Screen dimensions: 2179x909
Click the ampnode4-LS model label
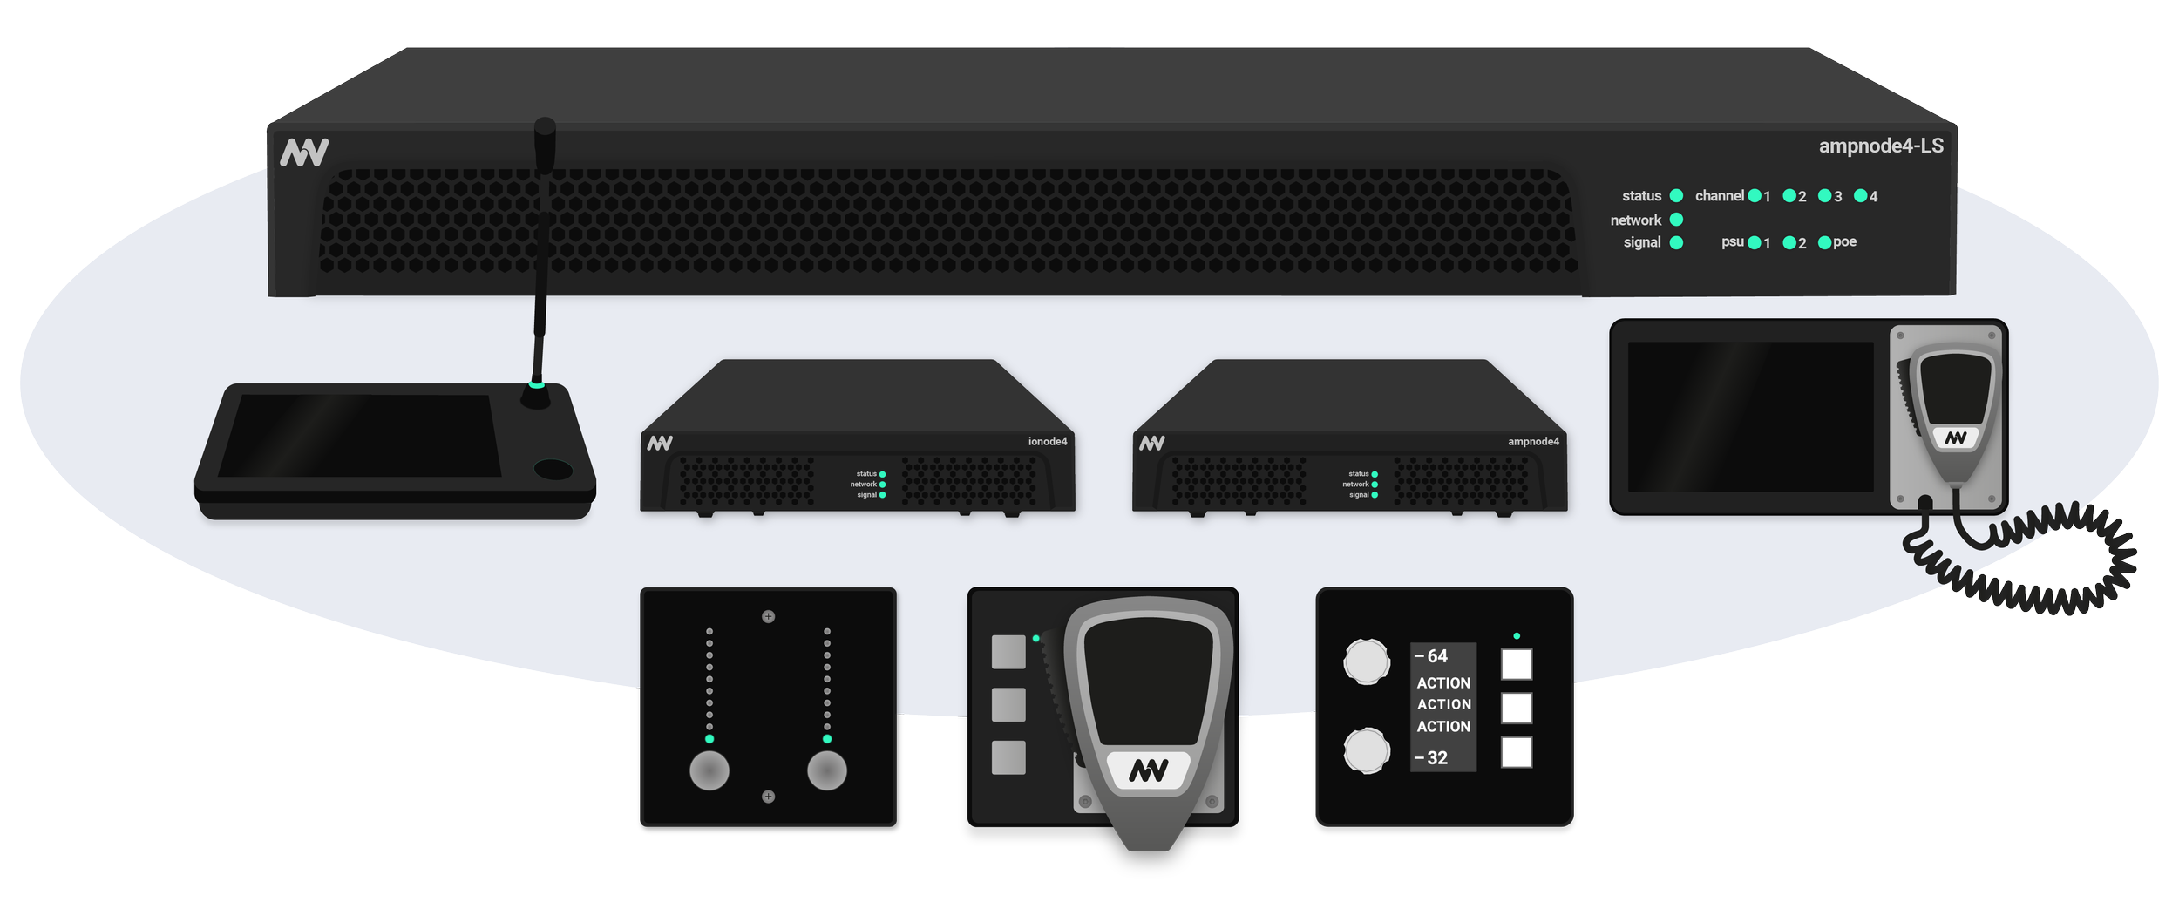1880,146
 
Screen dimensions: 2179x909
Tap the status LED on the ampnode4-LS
1675,196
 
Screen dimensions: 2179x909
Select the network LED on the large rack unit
1675,220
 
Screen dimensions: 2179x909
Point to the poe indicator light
1824,242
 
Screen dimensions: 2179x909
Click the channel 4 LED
1860,196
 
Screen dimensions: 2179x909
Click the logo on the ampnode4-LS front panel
304,153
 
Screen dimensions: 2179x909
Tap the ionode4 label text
1047,441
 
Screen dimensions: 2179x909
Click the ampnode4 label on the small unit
1533,441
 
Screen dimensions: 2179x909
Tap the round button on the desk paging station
553,471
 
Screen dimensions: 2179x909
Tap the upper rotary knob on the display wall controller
1366,661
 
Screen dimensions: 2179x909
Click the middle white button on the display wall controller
1516,708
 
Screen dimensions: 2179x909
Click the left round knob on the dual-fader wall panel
709,770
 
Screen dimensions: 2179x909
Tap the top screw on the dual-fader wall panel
768,617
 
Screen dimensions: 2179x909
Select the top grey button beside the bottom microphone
1008,653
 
